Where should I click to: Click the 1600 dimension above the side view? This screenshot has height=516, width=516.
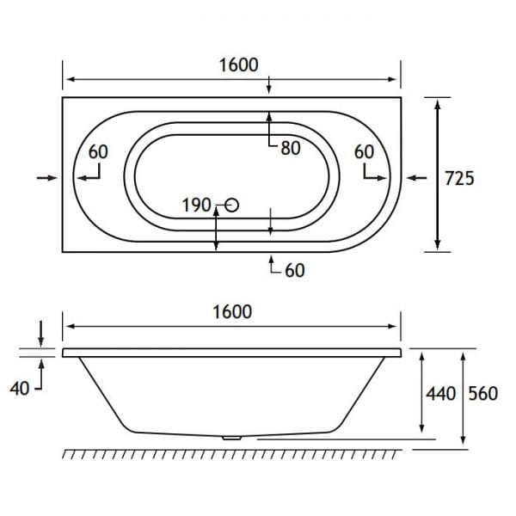232,311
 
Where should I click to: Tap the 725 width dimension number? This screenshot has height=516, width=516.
460,178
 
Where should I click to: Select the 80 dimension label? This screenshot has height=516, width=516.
290,148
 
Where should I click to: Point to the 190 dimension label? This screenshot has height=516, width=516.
196,205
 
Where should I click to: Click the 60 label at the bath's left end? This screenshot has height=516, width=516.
98,151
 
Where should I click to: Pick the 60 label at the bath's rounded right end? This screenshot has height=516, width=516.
365,151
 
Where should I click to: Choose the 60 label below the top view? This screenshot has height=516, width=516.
294,270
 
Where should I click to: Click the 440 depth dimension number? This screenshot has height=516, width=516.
439,394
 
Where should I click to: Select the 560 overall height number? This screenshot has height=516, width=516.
483,394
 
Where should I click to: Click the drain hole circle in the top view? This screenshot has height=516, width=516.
231,205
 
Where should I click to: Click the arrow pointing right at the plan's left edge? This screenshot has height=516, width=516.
46,177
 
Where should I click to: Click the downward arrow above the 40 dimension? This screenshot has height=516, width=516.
40,332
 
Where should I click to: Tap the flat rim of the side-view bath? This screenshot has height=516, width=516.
232,353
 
